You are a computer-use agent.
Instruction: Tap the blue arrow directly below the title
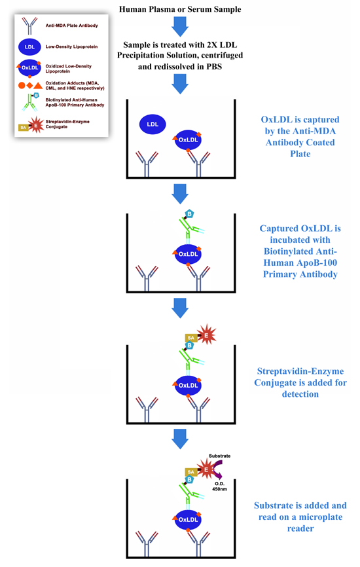coord(179,27)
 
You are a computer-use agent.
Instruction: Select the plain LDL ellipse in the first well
coord(152,124)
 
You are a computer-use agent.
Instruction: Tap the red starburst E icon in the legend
coord(37,126)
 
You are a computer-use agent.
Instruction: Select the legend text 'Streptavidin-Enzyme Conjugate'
coord(75,125)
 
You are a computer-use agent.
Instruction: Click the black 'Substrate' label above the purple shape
coord(219,455)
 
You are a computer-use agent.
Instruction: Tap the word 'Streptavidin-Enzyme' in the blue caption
coord(301,371)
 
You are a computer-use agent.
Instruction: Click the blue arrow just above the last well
coord(179,436)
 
